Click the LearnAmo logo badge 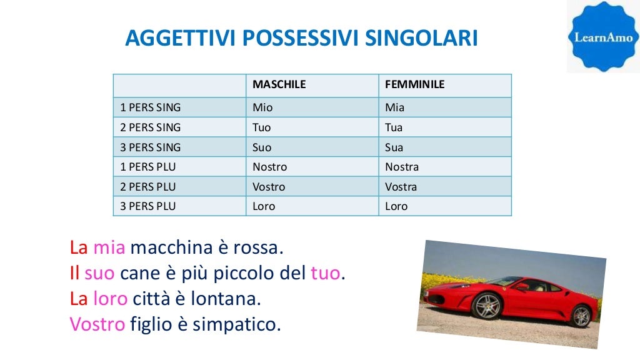pos(603,36)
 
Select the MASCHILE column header pos(279,84)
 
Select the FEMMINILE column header pos(414,84)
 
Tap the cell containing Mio pos(262,107)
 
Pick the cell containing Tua pos(394,127)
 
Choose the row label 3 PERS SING pos(150,147)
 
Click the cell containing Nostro pos(269,167)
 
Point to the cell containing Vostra pos(401,187)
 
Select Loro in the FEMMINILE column pos(396,206)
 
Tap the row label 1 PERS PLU pos(148,167)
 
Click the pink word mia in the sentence pos(109,248)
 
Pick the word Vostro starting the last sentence pos(97,324)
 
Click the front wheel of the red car pos(487,306)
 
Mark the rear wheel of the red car pos(581,316)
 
